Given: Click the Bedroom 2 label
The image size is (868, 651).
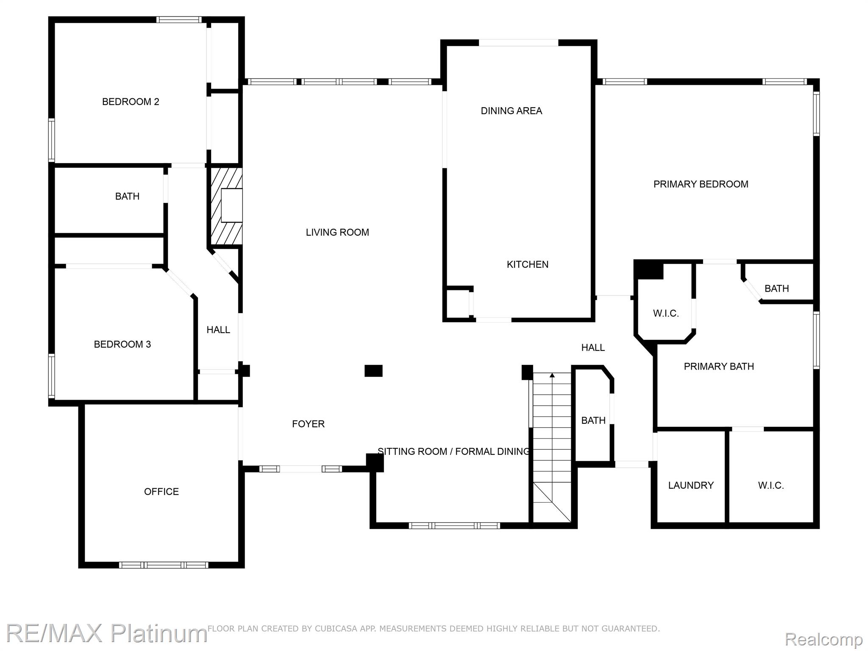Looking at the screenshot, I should coord(131,102).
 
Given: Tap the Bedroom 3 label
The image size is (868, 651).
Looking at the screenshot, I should coord(122,344).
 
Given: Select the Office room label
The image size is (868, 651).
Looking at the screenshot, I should coord(161,492).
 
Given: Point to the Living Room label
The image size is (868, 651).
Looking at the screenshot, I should coord(337,232).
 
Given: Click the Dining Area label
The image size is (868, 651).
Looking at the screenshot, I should coord(511,111).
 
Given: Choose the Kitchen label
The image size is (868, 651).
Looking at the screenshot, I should coord(528,264).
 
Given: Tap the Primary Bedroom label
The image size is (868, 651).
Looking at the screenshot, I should coord(701,184).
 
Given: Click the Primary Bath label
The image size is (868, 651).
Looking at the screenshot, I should coord(719,367).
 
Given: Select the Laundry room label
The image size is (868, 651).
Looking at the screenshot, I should coord(691,486).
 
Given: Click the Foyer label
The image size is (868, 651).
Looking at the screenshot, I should coord(308,424).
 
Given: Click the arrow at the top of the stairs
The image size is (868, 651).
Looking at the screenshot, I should coord(552,375).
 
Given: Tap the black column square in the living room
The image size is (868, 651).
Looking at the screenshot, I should coord(373,371).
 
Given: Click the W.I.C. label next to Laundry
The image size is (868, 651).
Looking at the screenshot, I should coord(771,486).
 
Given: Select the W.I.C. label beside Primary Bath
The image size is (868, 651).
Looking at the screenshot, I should coord(666,314).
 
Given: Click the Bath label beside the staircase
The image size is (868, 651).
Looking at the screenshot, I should coord(593,420).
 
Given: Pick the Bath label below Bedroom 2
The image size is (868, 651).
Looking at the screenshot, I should coord(127,196).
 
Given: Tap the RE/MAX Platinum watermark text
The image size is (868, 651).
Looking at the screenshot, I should coord(106,633).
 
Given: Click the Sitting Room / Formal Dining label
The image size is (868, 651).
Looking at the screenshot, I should coord(453,451).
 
